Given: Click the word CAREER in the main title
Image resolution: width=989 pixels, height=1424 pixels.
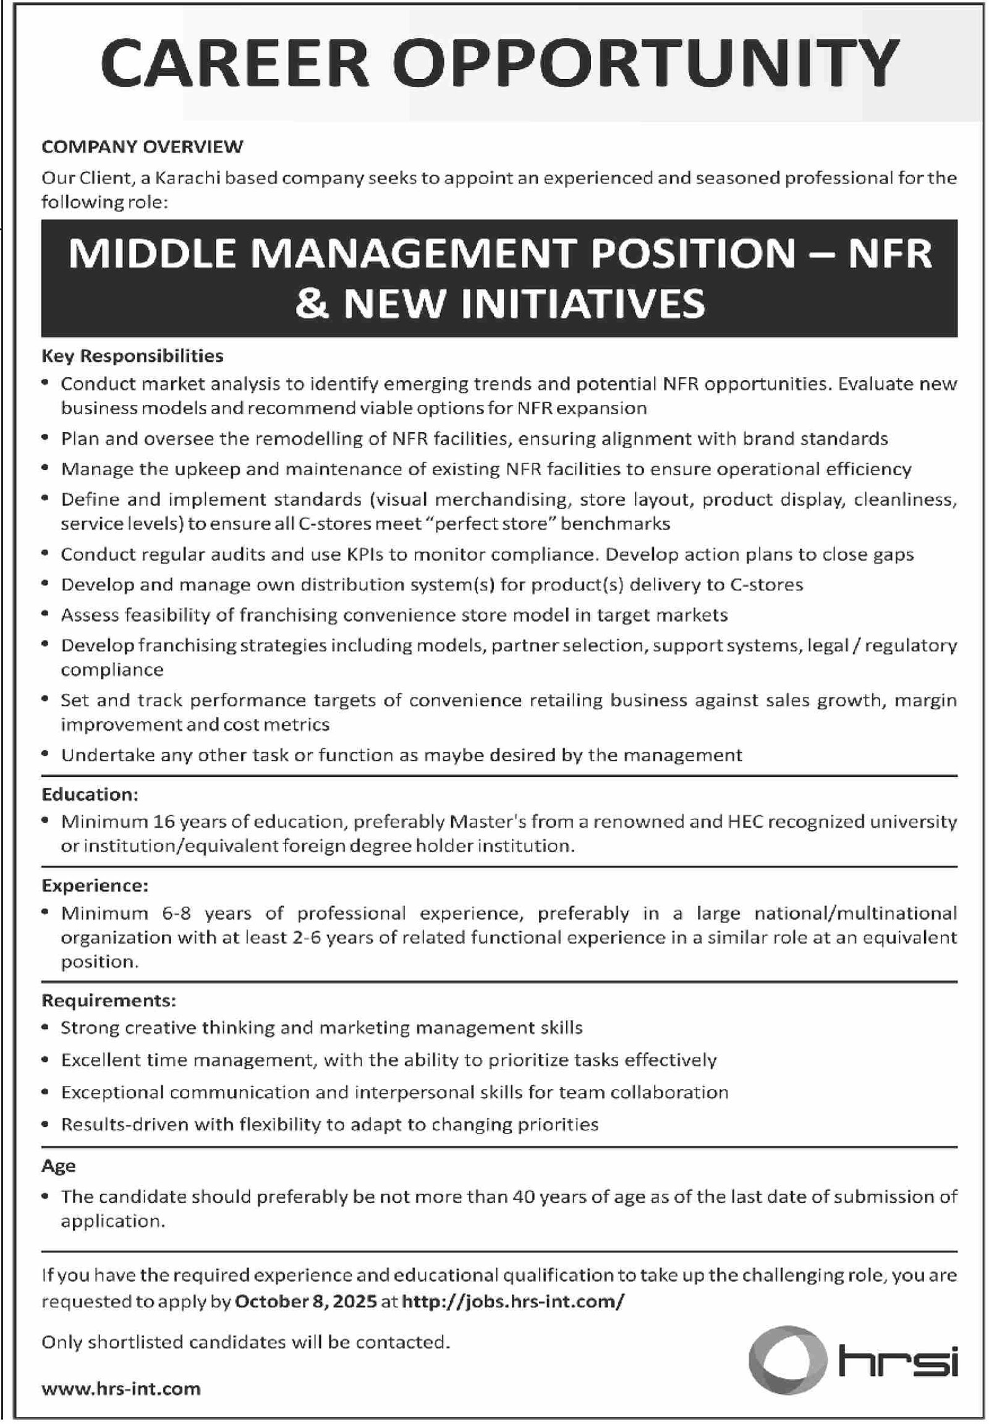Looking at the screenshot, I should coord(235,63).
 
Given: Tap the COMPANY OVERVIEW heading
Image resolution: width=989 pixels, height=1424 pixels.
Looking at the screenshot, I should coord(142,147).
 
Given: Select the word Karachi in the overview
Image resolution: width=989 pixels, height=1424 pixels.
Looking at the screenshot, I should coord(186,179).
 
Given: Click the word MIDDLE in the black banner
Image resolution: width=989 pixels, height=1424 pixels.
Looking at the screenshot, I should coord(152,254).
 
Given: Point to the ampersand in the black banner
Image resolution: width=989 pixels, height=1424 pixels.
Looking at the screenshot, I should coord(312,303).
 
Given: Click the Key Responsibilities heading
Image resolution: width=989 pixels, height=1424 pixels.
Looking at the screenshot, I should coord(132,355).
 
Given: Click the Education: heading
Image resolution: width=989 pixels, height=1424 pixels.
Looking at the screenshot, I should coord(90,794).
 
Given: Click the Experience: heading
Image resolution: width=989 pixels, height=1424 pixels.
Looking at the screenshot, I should coord(95,886).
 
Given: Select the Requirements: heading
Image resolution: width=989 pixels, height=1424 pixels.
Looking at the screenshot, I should coord(108,1001).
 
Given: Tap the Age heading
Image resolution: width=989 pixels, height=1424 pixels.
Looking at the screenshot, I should coord(58,1166).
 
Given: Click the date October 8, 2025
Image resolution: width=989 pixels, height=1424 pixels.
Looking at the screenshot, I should coord(305,1301).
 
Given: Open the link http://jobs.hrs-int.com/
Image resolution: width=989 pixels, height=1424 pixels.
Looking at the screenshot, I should coord(513,1301).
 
